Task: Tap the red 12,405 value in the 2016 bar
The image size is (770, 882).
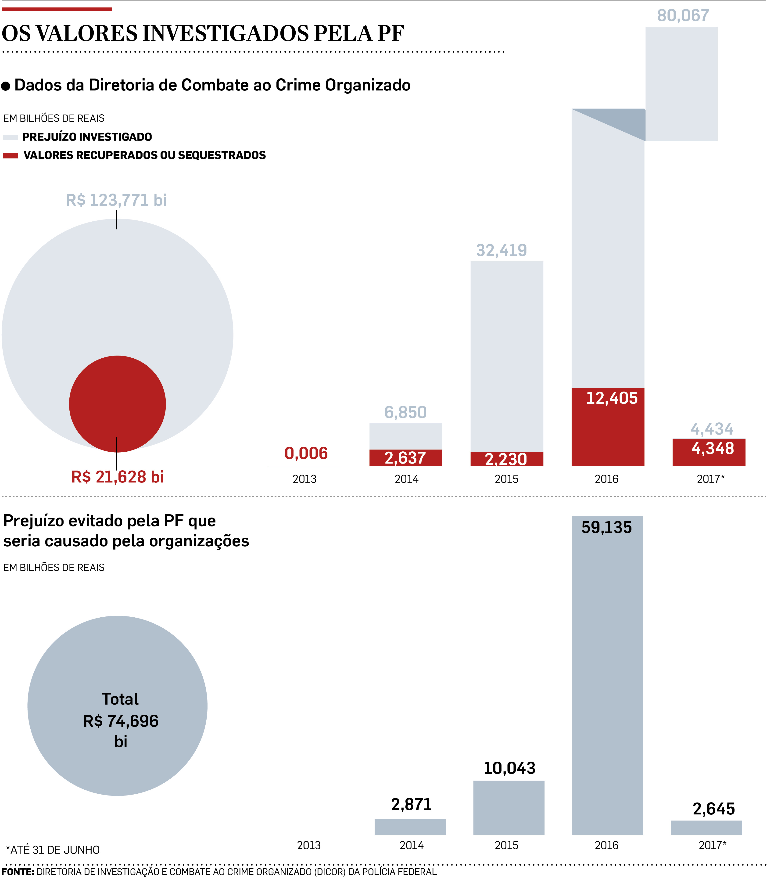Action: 612,398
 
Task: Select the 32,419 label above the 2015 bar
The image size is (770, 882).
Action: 501,250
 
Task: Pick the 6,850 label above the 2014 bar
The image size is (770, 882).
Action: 405,412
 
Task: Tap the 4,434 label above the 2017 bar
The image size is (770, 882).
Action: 712,428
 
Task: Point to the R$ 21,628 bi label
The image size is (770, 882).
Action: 118,477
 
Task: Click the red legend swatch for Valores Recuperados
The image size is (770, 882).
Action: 10,156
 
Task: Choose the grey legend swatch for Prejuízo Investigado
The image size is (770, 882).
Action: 10,137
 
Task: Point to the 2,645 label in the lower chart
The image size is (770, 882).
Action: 714,809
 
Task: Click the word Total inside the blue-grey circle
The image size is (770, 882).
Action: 120,699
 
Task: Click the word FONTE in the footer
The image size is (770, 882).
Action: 18,872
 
